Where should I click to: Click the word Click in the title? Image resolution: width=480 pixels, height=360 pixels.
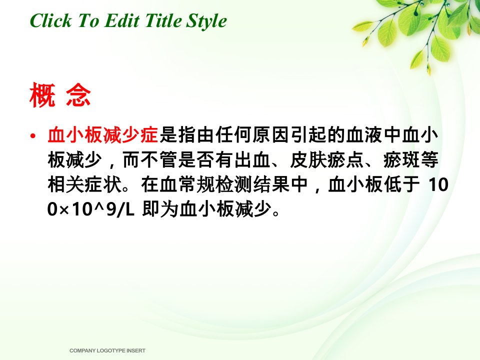coord(50,21)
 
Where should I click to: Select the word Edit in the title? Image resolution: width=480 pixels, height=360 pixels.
coord(122,21)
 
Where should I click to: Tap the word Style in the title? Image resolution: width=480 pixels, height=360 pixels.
coord(206,21)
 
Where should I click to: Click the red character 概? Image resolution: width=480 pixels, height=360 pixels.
coord(42,95)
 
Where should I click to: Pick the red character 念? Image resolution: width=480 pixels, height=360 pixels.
coord(78,95)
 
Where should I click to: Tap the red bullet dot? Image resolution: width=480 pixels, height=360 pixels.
coord(33,135)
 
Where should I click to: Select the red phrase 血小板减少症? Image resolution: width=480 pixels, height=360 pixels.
coord(103,134)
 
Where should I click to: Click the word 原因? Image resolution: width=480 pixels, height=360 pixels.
coord(270,134)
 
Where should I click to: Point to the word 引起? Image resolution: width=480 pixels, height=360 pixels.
coord(308,134)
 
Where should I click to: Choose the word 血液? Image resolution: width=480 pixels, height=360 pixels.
coord(364,134)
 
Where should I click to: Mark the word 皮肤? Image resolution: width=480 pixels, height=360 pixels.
coord(307,160)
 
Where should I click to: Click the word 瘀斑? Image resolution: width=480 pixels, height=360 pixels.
coord(401,160)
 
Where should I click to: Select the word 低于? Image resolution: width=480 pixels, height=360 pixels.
coord(402,184)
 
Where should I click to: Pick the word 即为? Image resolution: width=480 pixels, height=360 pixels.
coord(160,209)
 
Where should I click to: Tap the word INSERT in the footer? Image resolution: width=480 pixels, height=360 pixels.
coord(136,350)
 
